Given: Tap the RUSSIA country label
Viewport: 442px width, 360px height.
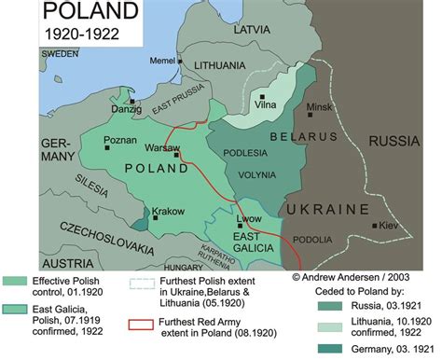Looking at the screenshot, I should click(396, 141).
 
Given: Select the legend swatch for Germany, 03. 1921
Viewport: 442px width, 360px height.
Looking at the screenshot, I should click(302, 349).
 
